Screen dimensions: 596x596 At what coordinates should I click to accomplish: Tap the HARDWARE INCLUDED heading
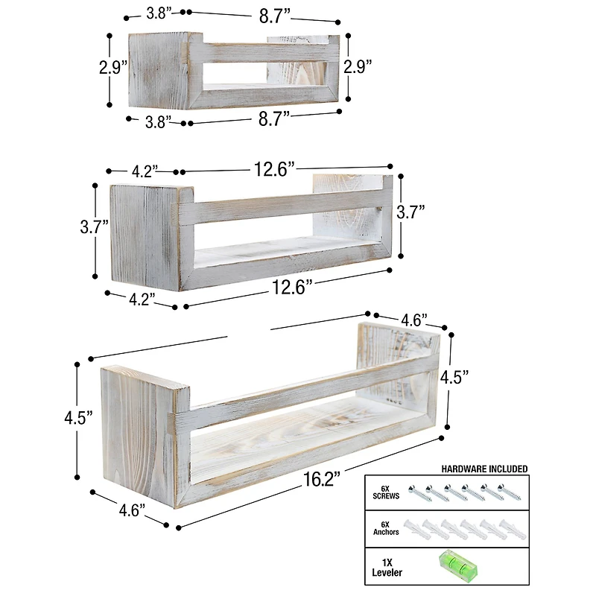click(484, 469)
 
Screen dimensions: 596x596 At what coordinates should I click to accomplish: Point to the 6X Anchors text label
click(386, 528)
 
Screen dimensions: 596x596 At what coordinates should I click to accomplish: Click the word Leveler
click(387, 572)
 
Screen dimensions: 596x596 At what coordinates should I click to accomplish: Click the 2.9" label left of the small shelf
click(114, 67)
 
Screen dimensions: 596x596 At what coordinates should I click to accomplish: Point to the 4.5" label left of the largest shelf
click(77, 418)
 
